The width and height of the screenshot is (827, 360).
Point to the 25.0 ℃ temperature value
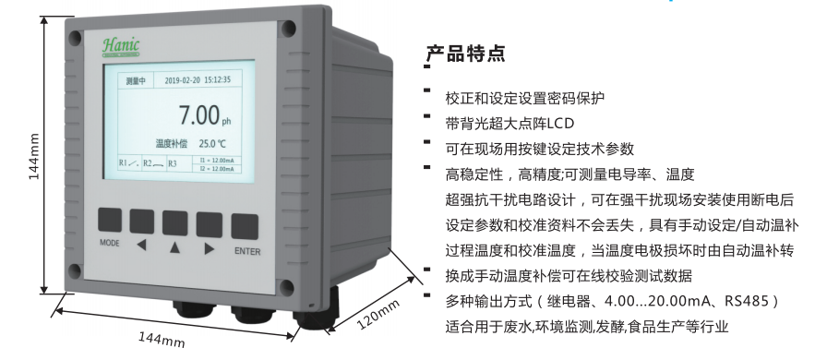point(211,144)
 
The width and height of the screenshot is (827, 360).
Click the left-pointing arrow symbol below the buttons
point(141,247)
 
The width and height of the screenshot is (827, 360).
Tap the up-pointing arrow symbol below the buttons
point(175,247)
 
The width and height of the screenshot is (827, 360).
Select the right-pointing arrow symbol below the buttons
point(210,247)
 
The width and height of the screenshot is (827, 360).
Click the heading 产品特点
point(465,54)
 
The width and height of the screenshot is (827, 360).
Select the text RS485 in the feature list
point(746,301)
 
